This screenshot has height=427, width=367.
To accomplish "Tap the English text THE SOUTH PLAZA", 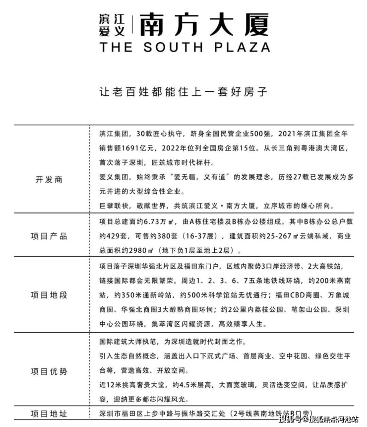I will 184,48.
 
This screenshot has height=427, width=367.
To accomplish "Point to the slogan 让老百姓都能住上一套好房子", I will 183,92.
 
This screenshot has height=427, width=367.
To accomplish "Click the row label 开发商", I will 50,180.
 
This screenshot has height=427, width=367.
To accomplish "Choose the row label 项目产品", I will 50,236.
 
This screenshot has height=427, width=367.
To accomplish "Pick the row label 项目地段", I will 50,295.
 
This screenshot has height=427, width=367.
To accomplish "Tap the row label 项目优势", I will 50,372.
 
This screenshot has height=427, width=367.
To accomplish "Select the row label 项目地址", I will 50,414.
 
